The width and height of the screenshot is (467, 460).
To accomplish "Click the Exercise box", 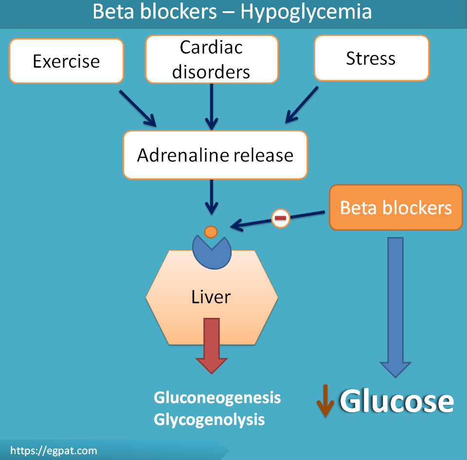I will [x=66, y=61].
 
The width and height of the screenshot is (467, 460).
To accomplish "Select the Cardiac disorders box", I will [x=212, y=59].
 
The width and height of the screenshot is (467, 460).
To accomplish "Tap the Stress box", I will [x=371, y=58].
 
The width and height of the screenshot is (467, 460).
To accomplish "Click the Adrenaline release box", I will [x=215, y=155].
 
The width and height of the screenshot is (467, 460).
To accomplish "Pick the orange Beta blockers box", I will [x=395, y=207].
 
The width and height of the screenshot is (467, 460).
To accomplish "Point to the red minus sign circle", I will [x=280, y=218].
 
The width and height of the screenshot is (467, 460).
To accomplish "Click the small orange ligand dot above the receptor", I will [x=211, y=232].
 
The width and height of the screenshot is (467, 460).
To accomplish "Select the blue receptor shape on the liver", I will [x=211, y=250].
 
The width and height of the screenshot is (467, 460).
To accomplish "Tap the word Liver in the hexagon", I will [x=211, y=297].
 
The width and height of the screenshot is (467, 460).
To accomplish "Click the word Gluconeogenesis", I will [x=217, y=397].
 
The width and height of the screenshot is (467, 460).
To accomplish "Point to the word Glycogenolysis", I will [x=209, y=419].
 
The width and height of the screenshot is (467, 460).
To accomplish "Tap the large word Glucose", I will [x=396, y=402].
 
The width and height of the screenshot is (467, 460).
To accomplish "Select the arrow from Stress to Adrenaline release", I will [x=302, y=105].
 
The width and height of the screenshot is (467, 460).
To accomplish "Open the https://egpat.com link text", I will [x=54, y=451].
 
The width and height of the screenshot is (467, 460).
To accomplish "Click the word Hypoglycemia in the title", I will [x=306, y=12].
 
